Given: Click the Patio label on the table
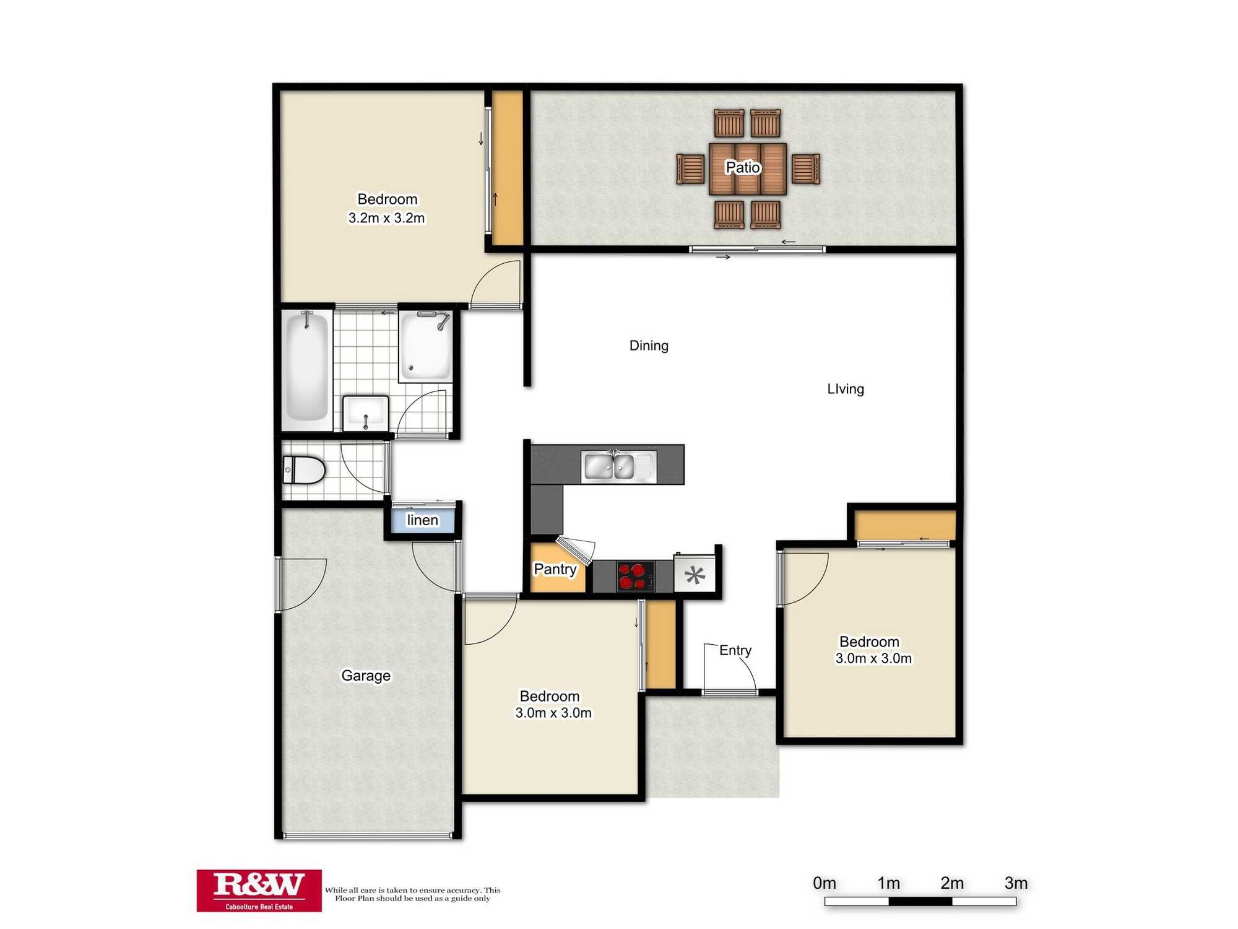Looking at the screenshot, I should point(742,167).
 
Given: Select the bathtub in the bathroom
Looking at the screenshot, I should point(306,369).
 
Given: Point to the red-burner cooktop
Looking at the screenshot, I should point(635,576).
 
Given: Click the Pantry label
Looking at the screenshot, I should point(555,569).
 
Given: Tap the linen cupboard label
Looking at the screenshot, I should point(422,520).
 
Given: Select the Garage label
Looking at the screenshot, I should point(366,676).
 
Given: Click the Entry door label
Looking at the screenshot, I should point(735,650).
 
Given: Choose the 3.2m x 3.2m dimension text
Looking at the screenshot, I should point(386,218).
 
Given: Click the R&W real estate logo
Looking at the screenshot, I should point(259,890).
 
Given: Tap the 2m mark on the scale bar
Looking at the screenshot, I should point(952,883).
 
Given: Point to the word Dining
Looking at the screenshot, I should point(649,346).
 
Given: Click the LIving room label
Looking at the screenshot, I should point(846,389).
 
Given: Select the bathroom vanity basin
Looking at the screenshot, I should point(365,412).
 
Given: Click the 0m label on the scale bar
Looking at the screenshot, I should point(825,883).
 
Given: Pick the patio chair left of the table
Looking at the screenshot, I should point(690,169).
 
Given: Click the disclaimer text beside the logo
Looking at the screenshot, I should point(412,894).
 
